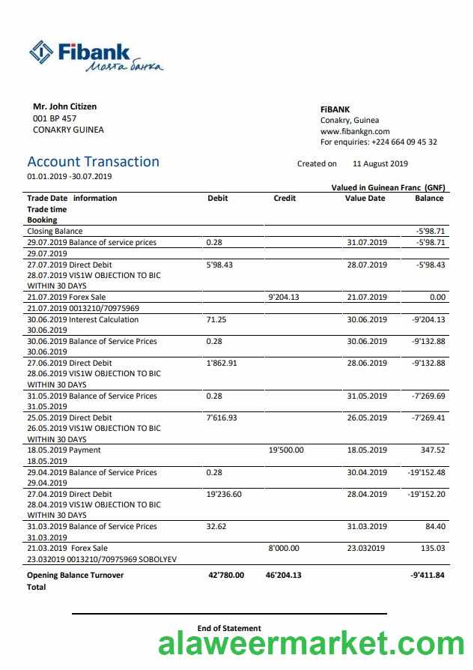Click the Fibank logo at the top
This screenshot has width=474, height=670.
95,56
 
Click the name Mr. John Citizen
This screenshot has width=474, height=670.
64,106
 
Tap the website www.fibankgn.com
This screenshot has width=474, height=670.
355,131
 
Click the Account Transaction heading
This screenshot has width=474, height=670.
93,162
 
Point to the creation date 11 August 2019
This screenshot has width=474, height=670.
380,163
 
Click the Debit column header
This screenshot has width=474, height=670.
217,198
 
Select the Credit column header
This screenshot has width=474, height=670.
285,198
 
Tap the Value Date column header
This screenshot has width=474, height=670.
365,198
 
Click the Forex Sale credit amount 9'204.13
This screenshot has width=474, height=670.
283,298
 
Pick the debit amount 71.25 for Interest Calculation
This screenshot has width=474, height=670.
216,319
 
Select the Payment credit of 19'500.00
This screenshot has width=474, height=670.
286,450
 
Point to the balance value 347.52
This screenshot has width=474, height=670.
433,450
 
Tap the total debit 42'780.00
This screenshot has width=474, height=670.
225,576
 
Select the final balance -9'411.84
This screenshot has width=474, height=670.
428,576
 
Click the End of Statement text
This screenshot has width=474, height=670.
229,628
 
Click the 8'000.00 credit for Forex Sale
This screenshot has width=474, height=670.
284,549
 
